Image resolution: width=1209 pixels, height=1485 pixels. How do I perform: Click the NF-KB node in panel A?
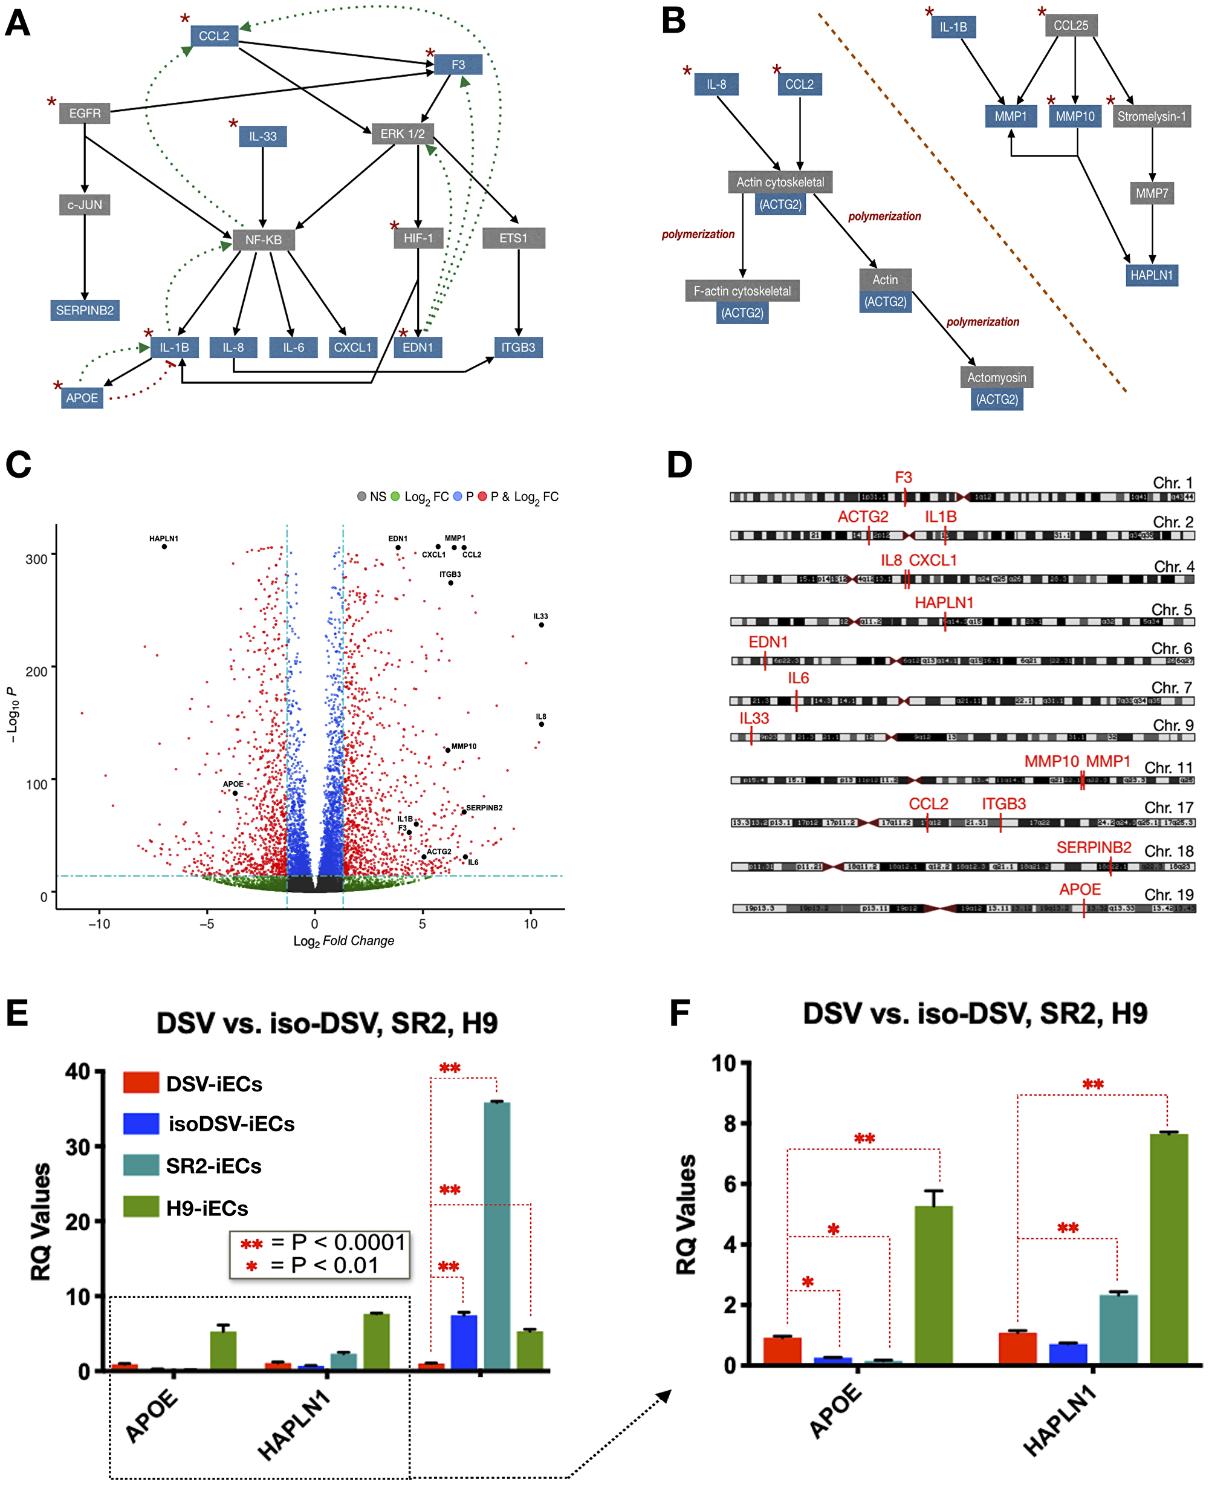[263, 239]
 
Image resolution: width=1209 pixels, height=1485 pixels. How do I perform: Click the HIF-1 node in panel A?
[418, 238]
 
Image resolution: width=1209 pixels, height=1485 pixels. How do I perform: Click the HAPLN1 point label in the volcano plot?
[164, 538]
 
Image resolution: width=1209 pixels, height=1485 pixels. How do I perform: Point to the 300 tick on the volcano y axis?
[36, 559]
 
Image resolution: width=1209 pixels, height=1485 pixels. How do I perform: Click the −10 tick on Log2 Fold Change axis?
[99, 924]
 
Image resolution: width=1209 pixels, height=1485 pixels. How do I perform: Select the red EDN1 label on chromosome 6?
[768, 642]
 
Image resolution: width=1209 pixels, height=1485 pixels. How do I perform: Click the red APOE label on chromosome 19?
[1080, 889]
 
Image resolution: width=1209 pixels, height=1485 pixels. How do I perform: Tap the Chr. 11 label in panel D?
[1168, 767]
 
